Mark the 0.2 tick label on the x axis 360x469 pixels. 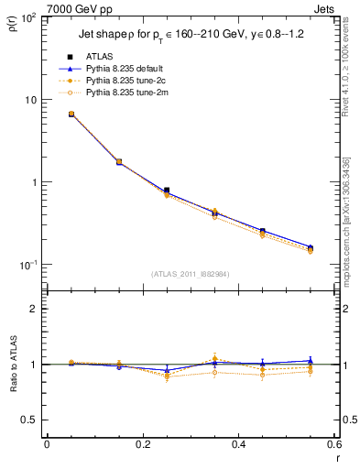click(142, 444)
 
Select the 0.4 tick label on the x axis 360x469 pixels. click(238, 444)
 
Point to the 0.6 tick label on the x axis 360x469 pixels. click(333, 444)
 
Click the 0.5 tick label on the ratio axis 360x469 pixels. click(29, 420)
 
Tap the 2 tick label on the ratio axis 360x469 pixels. click(34, 310)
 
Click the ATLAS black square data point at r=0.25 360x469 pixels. click(166, 191)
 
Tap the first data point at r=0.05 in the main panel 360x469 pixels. click(71, 115)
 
